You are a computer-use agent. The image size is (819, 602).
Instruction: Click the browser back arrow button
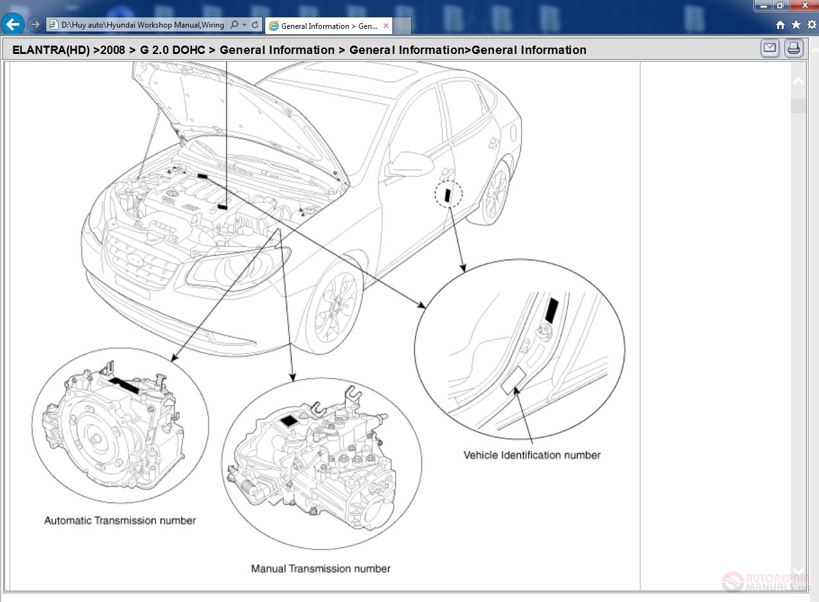tap(13, 25)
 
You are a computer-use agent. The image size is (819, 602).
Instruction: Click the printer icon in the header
tap(794, 48)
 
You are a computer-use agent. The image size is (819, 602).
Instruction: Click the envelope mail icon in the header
tap(770, 48)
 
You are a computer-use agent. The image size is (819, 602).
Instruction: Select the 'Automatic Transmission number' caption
tap(120, 520)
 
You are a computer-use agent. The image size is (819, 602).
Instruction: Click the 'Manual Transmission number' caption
tap(321, 569)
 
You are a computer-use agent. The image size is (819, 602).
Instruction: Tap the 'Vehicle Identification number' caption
tap(532, 455)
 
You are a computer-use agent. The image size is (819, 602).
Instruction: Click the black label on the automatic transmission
tap(124, 385)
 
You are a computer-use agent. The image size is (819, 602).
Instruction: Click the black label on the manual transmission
tap(290, 420)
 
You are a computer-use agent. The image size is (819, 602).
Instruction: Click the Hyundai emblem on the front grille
tap(136, 259)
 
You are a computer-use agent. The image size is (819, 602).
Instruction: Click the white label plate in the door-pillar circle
tap(514, 381)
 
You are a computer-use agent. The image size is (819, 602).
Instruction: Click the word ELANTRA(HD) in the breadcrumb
tap(51, 50)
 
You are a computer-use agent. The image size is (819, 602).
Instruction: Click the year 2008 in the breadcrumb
tap(112, 50)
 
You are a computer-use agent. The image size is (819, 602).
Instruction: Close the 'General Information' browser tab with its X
tap(386, 26)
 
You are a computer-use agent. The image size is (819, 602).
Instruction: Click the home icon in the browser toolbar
tap(780, 25)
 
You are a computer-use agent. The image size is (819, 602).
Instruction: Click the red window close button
tap(804, 5)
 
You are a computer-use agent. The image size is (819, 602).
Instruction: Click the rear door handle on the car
tap(494, 141)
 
